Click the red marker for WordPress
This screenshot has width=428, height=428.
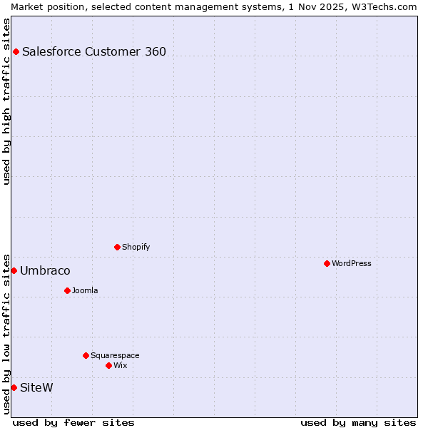(x=327, y=263)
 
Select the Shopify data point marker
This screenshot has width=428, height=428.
(x=117, y=247)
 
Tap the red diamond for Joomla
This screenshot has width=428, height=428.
(x=67, y=290)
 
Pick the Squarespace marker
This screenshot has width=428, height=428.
(x=86, y=355)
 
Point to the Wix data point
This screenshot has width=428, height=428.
(x=108, y=365)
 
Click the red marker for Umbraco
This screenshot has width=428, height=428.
(x=14, y=270)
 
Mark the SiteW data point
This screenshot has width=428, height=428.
(x=14, y=387)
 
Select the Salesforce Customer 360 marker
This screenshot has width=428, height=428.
(x=16, y=51)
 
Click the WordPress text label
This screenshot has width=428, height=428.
(x=352, y=263)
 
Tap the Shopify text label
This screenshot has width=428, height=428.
(x=136, y=247)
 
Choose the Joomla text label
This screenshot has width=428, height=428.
(x=85, y=290)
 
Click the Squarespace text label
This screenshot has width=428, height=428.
(x=115, y=355)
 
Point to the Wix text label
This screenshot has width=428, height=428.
(x=120, y=365)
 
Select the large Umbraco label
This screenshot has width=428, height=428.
(x=45, y=271)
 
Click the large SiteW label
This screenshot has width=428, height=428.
(x=36, y=388)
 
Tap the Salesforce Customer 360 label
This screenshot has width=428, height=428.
(x=94, y=51)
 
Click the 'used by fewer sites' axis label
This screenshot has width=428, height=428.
(x=73, y=422)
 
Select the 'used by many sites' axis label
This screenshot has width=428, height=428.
(x=358, y=422)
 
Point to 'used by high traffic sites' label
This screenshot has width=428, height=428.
(x=6, y=101)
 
